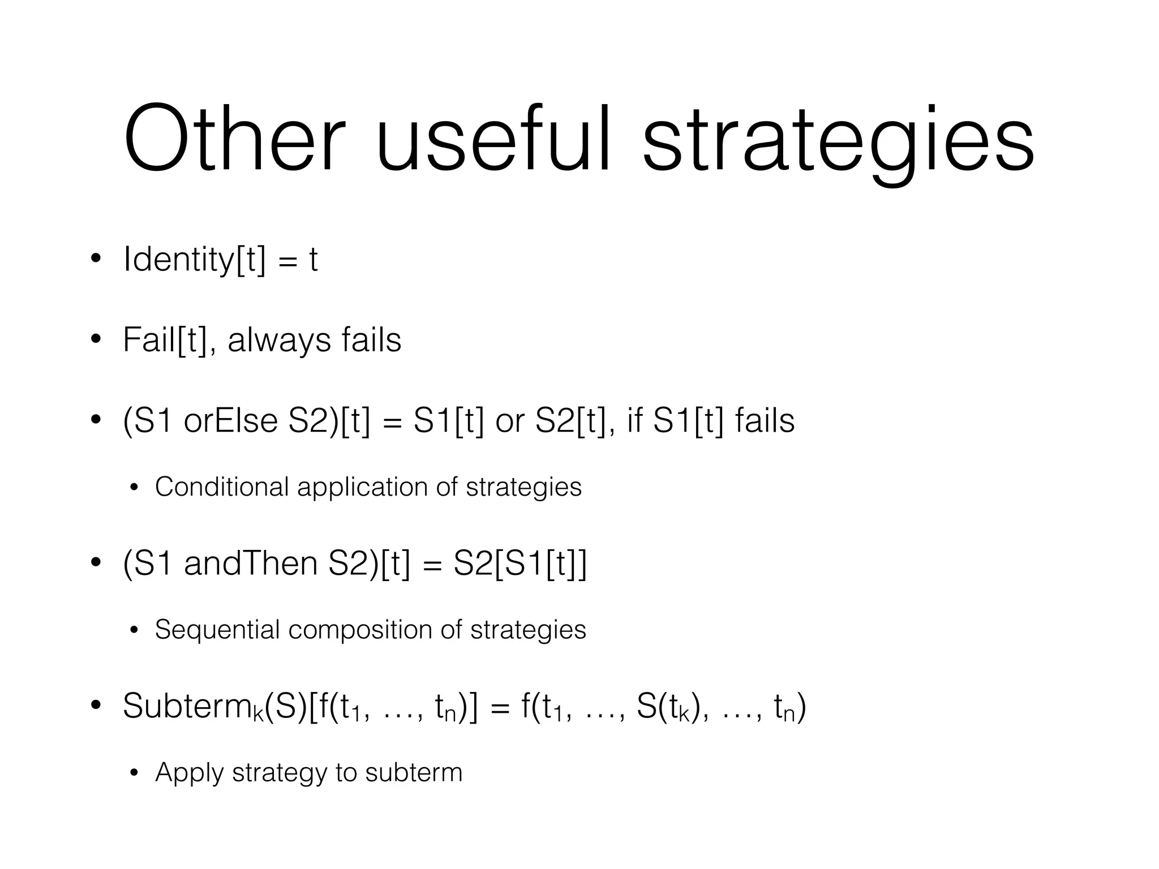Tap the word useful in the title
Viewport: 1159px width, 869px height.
(x=493, y=139)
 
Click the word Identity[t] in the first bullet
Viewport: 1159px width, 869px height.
(x=194, y=260)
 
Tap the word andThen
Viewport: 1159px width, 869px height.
(x=251, y=564)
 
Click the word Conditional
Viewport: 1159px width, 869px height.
(x=222, y=487)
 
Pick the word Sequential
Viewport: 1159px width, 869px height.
(x=217, y=630)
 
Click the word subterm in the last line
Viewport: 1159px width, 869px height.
(x=414, y=772)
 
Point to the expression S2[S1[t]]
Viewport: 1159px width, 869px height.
(x=520, y=564)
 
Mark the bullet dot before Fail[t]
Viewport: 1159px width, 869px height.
(x=96, y=340)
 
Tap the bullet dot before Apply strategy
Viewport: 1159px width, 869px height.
(x=134, y=773)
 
